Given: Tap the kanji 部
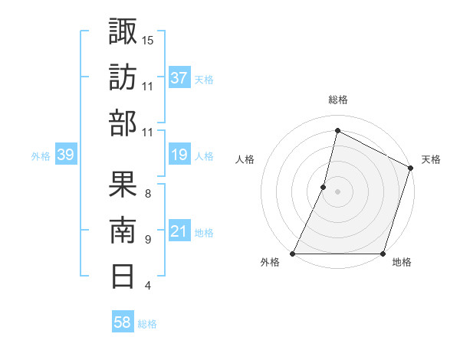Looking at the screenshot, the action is click(123, 123).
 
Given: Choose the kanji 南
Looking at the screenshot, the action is click(123, 229).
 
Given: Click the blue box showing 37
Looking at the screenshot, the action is click(179, 78).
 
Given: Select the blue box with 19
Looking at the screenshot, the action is click(179, 155).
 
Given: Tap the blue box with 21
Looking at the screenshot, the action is click(179, 231).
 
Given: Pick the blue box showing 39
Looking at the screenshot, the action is click(65, 155).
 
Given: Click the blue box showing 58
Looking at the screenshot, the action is click(123, 322).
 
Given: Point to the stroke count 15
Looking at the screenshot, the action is click(148, 39).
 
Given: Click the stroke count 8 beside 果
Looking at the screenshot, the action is click(147, 192).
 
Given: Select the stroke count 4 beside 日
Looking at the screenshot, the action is click(147, 286).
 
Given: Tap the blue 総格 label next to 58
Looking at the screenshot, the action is click(147, 324).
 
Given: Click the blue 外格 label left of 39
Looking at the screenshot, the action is click(41, 156).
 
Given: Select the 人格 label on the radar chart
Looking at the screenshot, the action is click(245, 159).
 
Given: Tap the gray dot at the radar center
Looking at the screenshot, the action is click(337, 191).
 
